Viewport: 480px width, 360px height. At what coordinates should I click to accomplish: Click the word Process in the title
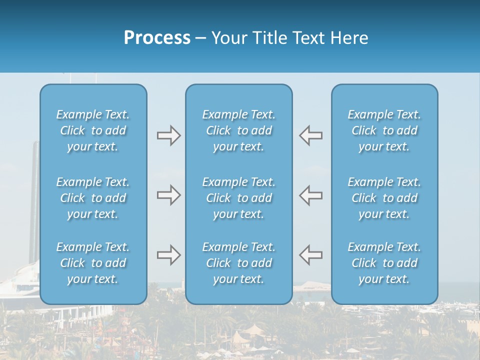click(157, 38)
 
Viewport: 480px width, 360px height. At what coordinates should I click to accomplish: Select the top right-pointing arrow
click(168, 135)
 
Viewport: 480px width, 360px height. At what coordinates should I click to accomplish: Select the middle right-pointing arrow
click(168, 195)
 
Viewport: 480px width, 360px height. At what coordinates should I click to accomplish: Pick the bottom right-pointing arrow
click(168, 255)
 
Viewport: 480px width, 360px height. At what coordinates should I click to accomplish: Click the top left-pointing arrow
click(311, 135)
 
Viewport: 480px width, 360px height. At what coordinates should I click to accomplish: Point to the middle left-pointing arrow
click(311, 195)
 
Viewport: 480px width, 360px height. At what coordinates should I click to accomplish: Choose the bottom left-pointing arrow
click(311, 255)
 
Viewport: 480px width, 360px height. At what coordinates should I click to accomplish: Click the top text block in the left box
click(93, 130)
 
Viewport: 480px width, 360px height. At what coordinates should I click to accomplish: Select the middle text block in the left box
click(93, 198)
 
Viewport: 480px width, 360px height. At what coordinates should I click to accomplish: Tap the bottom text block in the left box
click(93, 263)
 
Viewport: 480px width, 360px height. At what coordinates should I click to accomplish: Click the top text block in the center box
click(239, 130)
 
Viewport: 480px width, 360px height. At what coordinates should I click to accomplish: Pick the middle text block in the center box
click(239, 198)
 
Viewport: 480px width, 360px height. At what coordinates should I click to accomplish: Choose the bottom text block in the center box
click(239, 263)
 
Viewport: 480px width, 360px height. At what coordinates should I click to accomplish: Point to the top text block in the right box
click(384, 130)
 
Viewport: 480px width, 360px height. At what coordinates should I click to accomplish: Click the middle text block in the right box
click(384, 198)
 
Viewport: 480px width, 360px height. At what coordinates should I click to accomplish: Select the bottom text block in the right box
click(384, 263)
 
